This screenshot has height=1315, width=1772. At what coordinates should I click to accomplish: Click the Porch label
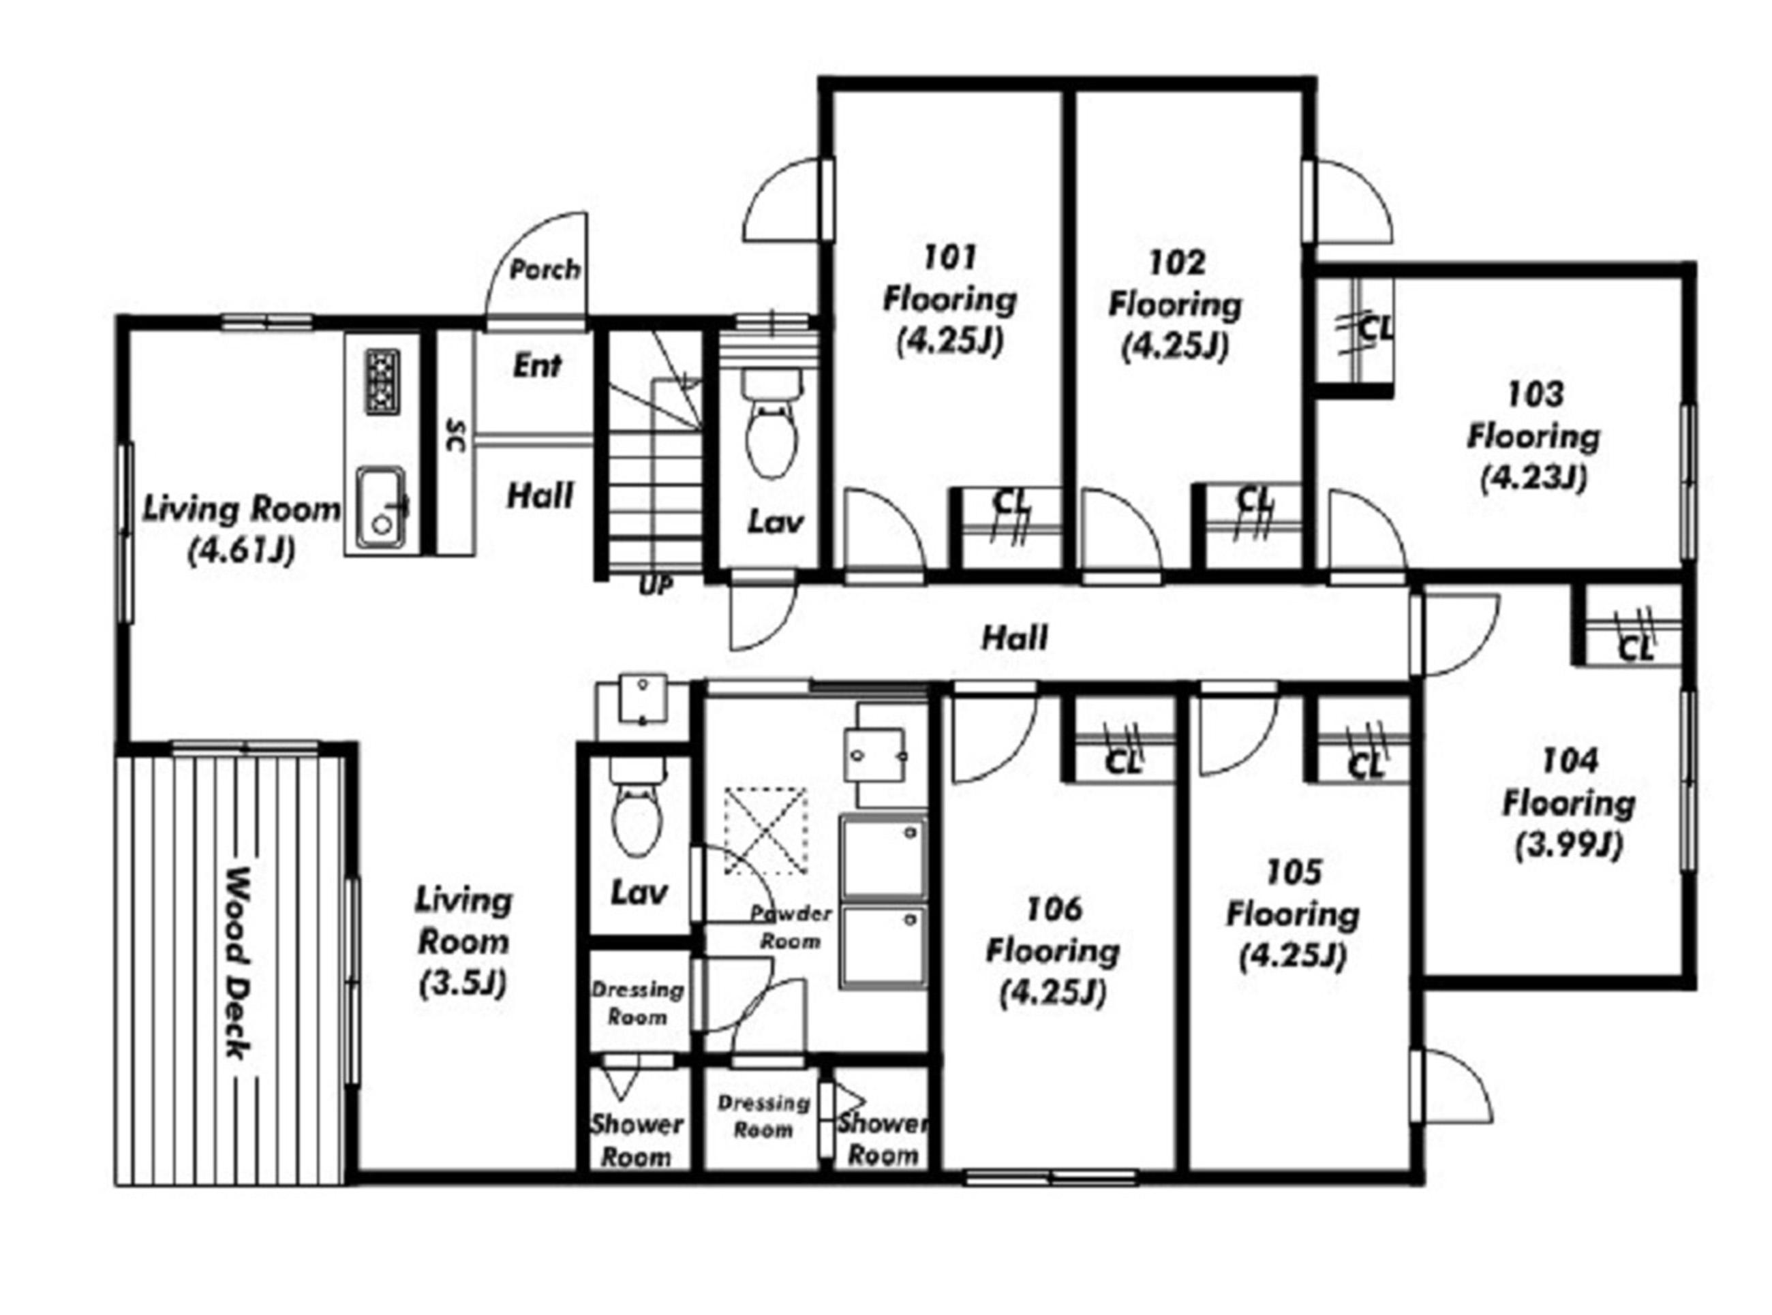(x=545, y=270)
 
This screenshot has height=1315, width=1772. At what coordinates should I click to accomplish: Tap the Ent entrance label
(x=537, y=365)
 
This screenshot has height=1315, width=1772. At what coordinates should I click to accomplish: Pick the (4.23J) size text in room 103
(x=1534, y=478)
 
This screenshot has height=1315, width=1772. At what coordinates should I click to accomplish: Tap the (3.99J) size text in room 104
(x=1568, y=846)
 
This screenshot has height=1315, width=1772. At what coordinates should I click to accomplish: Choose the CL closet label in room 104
(x=1636, y=650)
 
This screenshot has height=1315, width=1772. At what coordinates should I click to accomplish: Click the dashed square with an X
(x=765, y=831)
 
